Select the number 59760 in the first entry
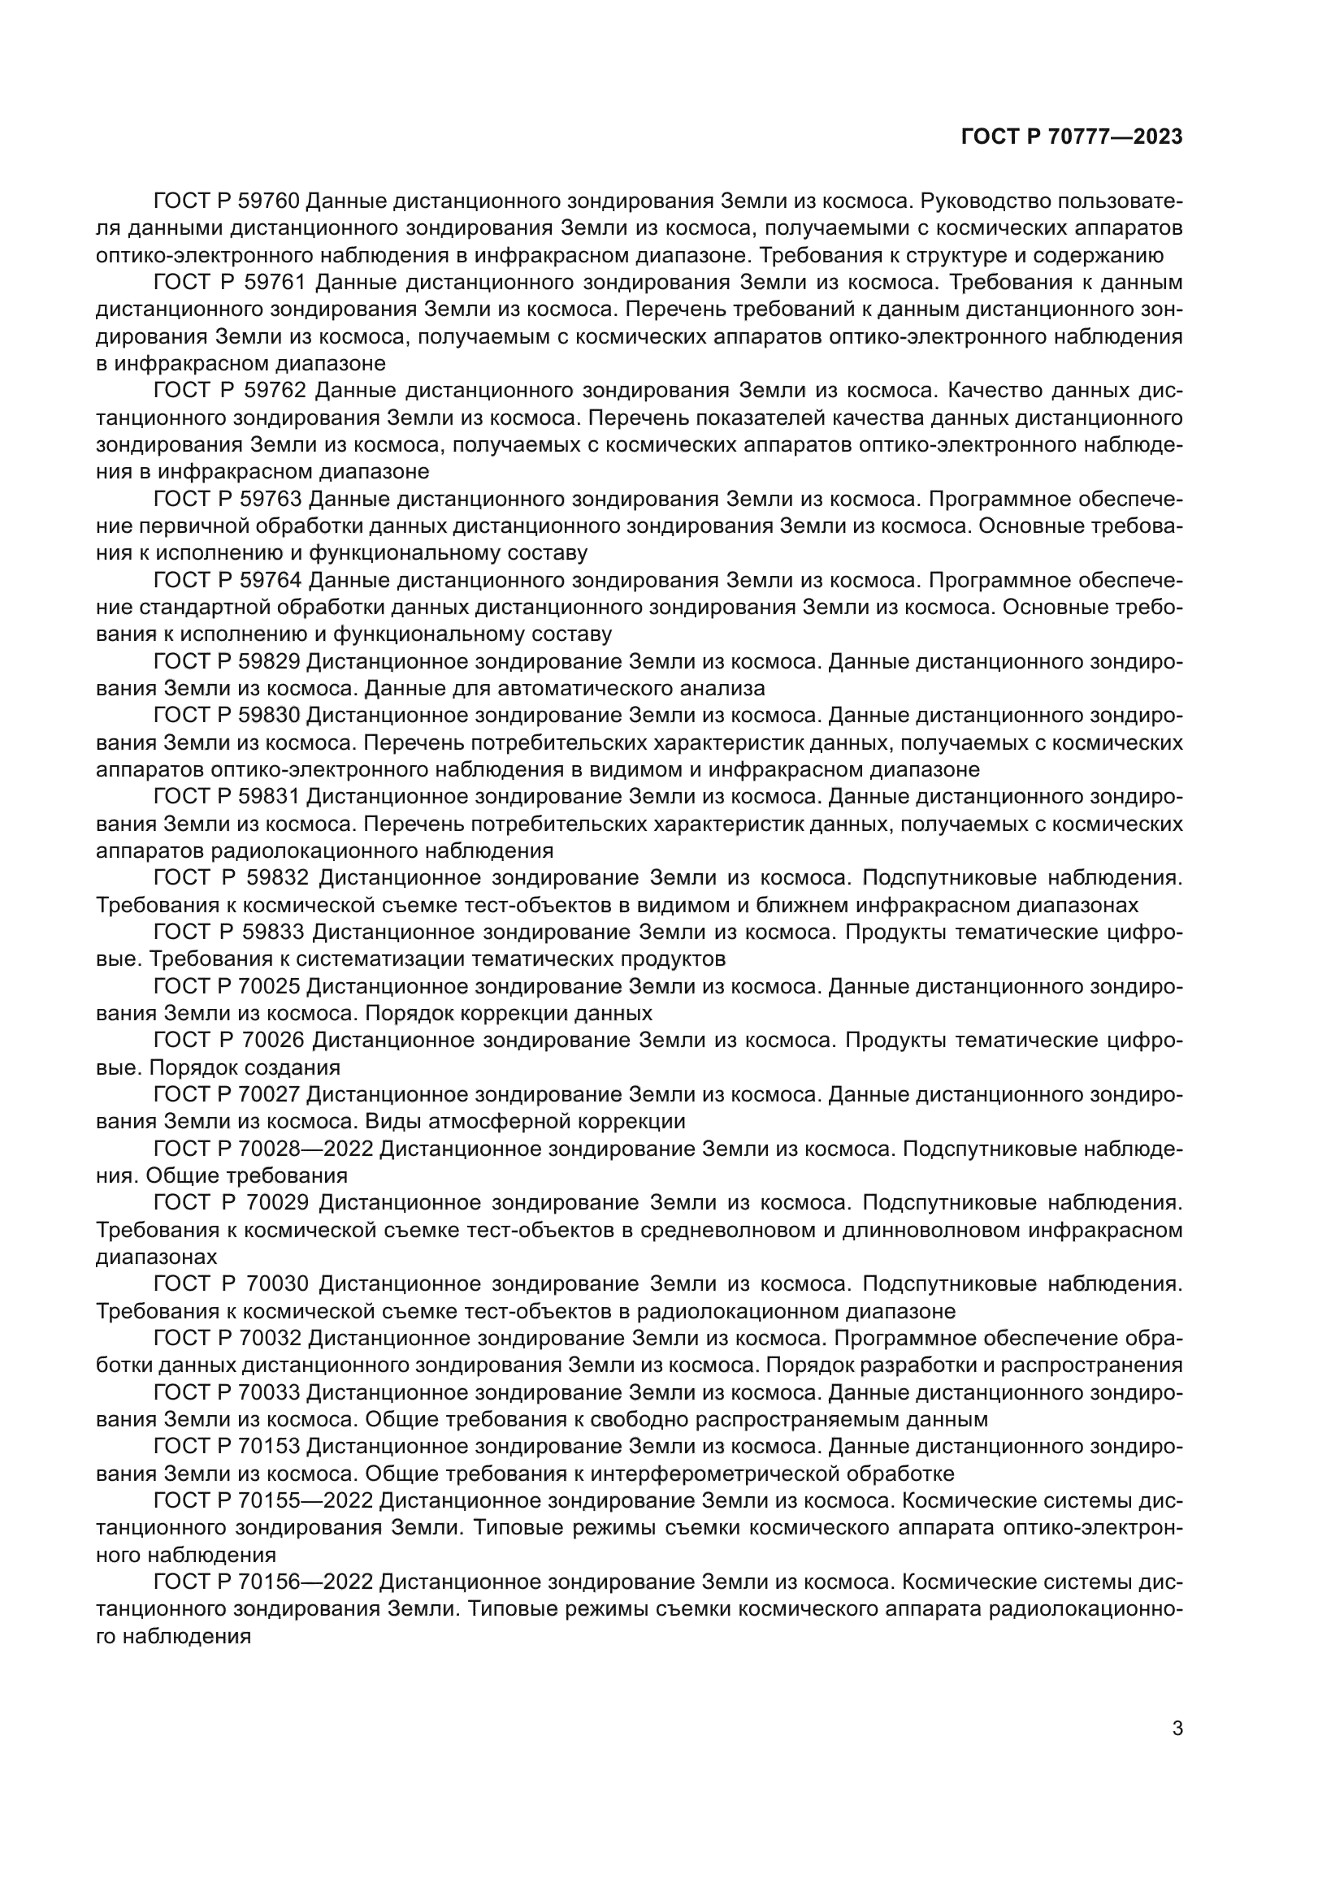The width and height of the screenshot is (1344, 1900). (271, 201)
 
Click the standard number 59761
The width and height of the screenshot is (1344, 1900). (275, 283)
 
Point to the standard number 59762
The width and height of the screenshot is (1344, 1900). (275, 391)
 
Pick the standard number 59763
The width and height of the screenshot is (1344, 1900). (271, 499)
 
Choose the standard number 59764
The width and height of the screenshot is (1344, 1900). (271, 580)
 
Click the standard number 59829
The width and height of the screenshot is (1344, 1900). (271, 661)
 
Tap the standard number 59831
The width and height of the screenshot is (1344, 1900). (271, 797)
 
